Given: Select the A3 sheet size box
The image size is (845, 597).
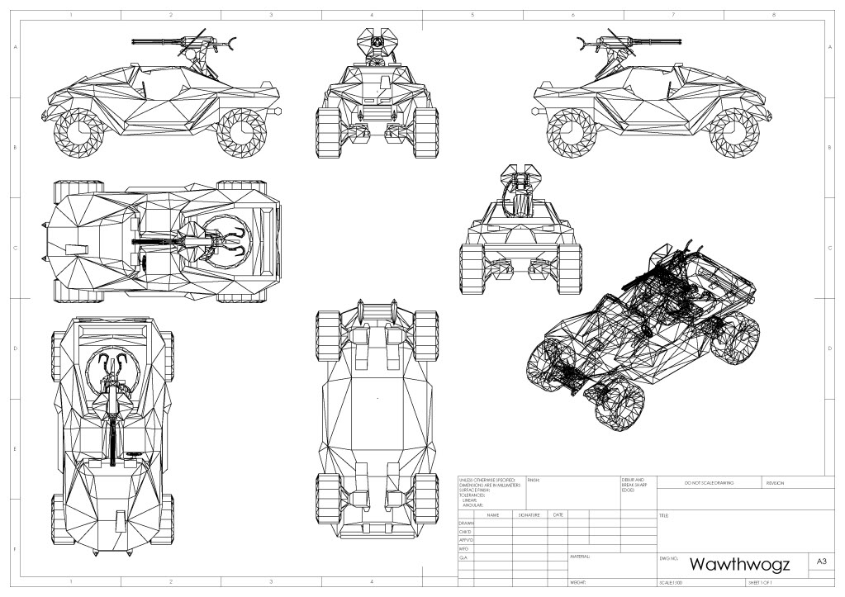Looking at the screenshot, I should point(821,561).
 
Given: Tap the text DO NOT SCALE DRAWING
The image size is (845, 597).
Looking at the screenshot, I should point(708,483).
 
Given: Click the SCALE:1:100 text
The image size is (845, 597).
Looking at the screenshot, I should point(671,583).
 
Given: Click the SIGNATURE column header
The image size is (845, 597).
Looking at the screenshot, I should point(529,514).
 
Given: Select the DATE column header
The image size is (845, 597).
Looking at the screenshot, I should point(558,514).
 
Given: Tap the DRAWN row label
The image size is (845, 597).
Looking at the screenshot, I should point(467,524).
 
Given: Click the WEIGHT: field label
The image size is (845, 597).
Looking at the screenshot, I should point(578,583).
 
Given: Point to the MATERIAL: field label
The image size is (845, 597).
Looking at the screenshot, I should point(580,557).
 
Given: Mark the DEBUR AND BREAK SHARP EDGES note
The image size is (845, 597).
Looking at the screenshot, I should point(633,485).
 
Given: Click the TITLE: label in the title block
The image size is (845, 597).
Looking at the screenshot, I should point(663,516).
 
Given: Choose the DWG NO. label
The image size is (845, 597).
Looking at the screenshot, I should point(669,558).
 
